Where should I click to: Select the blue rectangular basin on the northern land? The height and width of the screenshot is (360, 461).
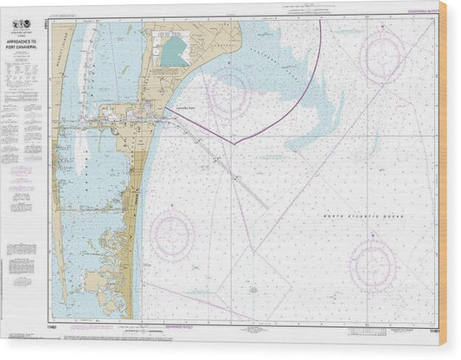pos(173,51)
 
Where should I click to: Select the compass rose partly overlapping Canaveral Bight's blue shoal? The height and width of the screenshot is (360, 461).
pos(228,96)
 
